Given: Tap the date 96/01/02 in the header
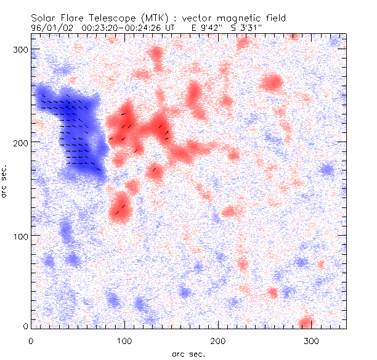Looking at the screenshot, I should tap(47, 27).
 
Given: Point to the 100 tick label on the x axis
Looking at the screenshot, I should tap(124, 340).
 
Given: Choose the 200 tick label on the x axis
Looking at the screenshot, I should tap(218, 340).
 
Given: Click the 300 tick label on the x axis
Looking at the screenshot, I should tap(312, 340).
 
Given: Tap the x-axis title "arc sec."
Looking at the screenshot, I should tap(188, 353).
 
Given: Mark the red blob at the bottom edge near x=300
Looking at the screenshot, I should tap(306, 322).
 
